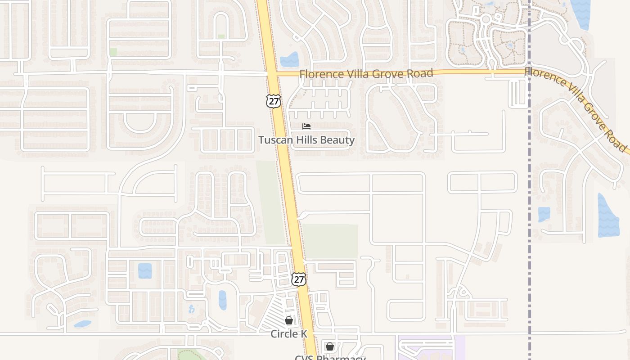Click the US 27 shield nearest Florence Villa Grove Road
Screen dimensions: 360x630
coord(273,101)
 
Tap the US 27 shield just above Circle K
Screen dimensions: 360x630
coord(298,279)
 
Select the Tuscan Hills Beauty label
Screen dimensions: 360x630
coord(306,140)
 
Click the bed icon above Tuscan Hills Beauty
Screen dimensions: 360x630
coord(306,126)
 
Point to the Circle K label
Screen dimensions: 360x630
coord(289,334)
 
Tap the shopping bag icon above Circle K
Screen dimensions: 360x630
coord(289,320)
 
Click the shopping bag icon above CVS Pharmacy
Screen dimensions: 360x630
coord(330,346)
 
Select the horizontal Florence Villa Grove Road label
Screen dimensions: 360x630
coord(366,73)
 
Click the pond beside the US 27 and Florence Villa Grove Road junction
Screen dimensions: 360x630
coord(289,60)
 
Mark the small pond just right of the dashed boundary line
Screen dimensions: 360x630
coord(544,214)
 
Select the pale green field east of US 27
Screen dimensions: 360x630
coord(331,241)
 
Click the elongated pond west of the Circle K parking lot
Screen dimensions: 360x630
coord(222,300)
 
